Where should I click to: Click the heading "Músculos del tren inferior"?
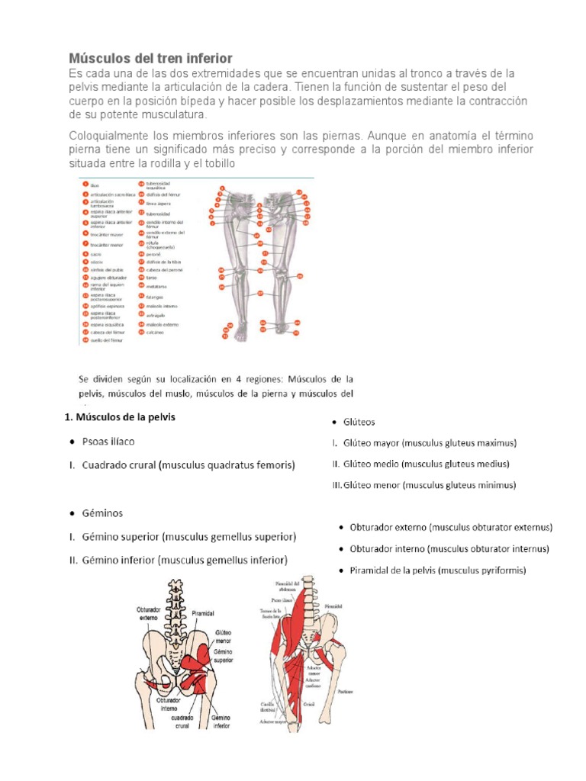tap(150, 59)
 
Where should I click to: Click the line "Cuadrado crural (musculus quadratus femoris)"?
tap(188, 464)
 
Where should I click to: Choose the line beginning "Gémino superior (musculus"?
tap(188, 537)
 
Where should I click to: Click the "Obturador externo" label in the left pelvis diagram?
tap(159, 615)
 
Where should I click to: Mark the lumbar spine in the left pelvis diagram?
tap(181, 603)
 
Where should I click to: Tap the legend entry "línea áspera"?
tap(159, 204)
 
